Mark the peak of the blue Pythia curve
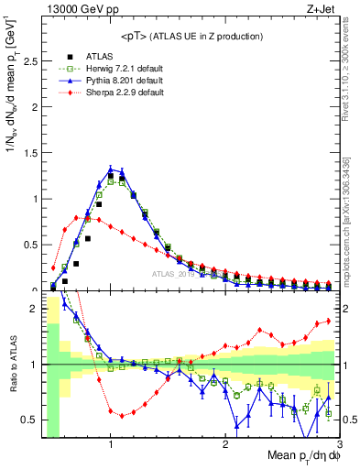tap(111, 169)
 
